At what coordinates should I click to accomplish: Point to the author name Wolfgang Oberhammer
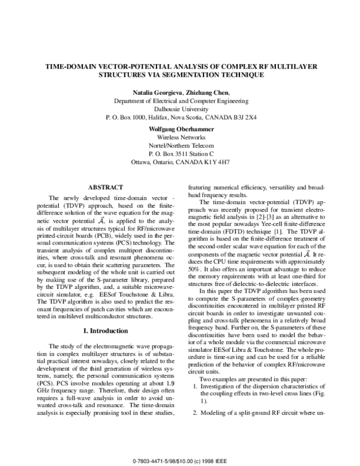pos(180,129)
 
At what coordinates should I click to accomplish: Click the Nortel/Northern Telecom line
pos(180,146)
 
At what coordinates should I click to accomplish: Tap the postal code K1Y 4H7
pos(217,163)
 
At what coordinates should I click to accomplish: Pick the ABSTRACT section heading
pos(106,188)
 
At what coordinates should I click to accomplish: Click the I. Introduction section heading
pos(106,330)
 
